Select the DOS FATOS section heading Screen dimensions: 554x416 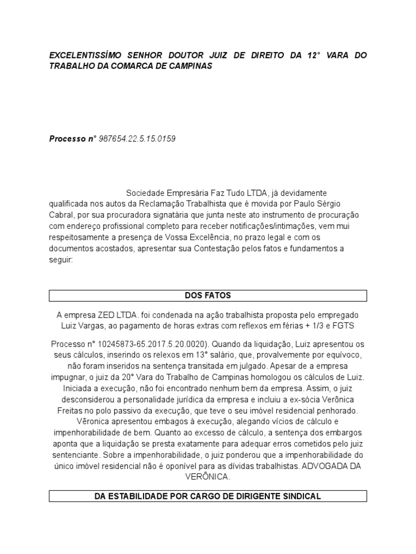pyautogui.click(x=208, y=295)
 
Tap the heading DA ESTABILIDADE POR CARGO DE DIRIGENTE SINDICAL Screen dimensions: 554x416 pyautogui.click(x=208, y=496)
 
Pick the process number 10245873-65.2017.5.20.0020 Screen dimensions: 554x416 pyautogui.click(x=142, y=344)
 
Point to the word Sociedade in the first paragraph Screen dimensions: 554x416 pyautogui.click(x=145, y=194)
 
